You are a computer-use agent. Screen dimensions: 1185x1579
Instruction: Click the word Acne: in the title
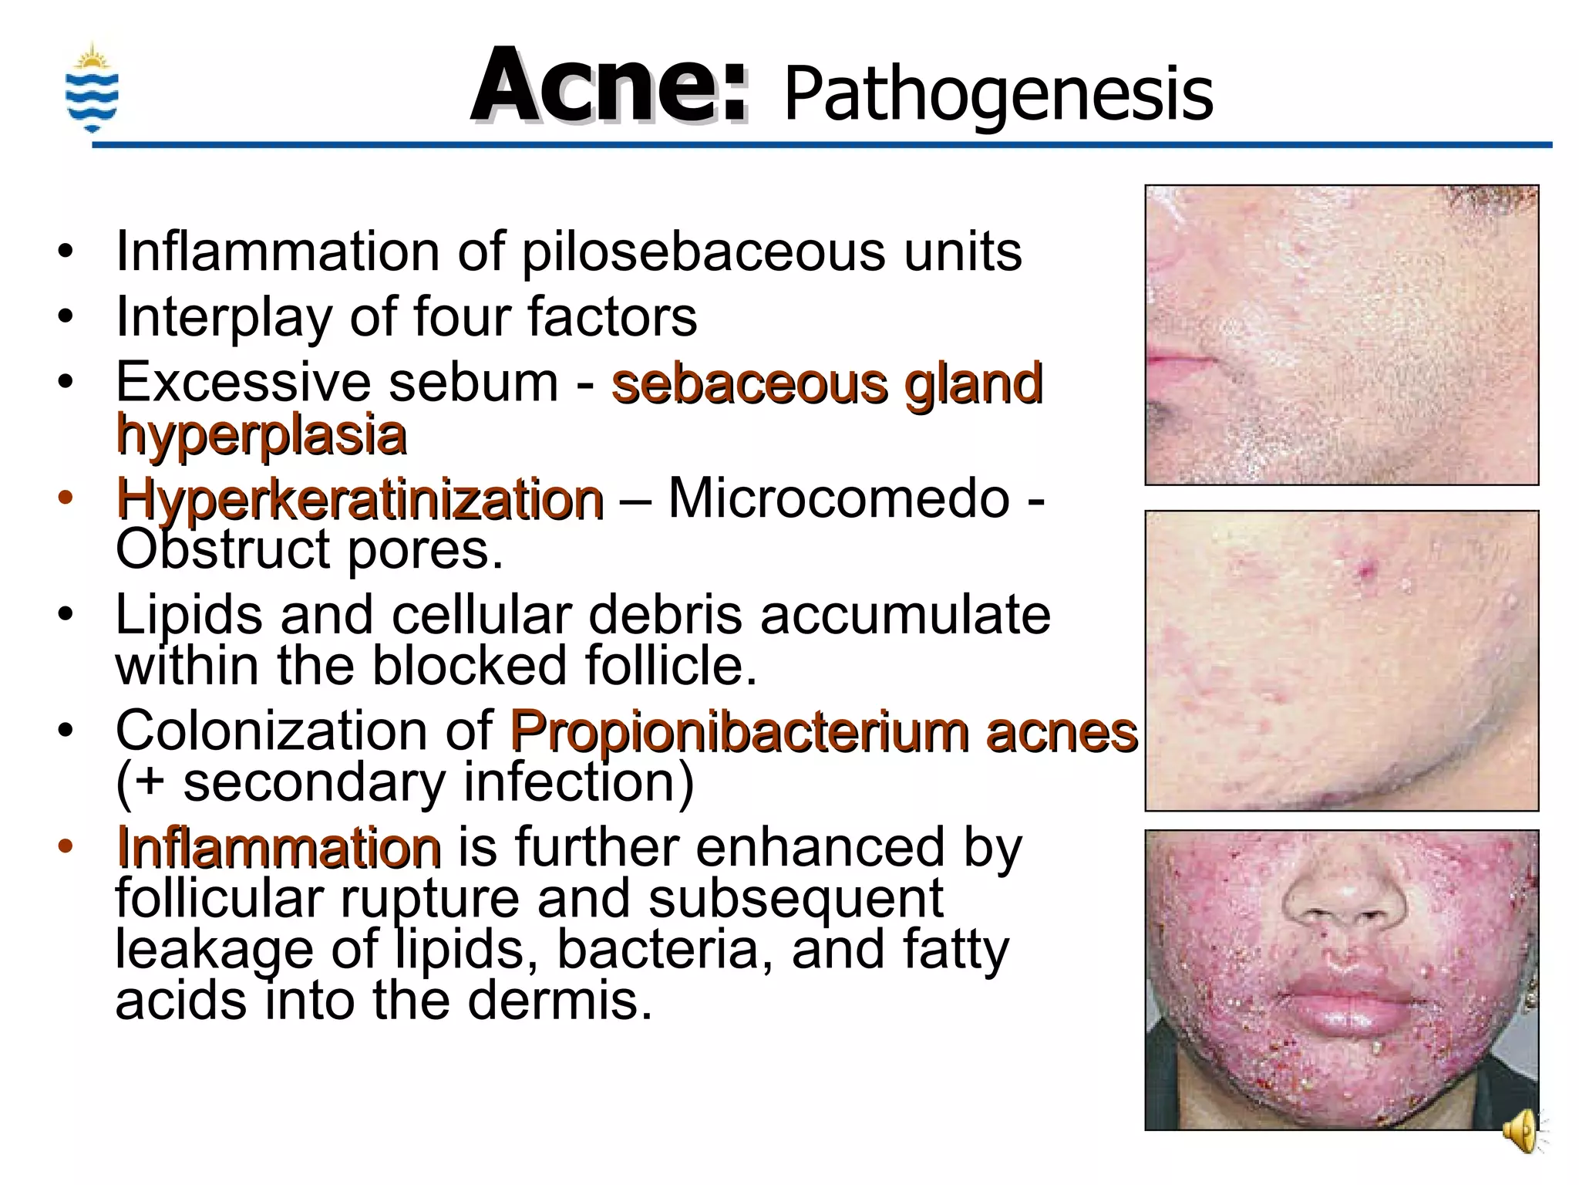609,86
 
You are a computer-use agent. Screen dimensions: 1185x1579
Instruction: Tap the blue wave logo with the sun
92,89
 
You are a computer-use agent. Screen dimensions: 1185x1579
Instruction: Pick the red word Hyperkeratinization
359,499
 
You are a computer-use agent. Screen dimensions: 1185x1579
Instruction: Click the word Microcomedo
839,498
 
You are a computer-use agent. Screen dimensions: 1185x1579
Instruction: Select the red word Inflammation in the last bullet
278,847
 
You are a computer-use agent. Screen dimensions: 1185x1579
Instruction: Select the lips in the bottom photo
1342,1003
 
